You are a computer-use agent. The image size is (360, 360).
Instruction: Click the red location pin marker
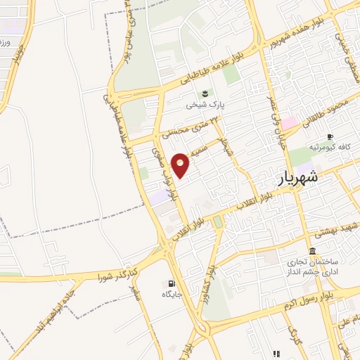tap(181, 165)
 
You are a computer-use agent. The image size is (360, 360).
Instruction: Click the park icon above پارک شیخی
tap(205, 93)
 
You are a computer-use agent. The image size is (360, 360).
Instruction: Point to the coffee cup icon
tap(329, 136)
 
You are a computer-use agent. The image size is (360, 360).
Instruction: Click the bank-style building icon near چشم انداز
tap(311, 251)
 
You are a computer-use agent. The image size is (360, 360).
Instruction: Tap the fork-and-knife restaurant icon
tap(276, 353)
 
